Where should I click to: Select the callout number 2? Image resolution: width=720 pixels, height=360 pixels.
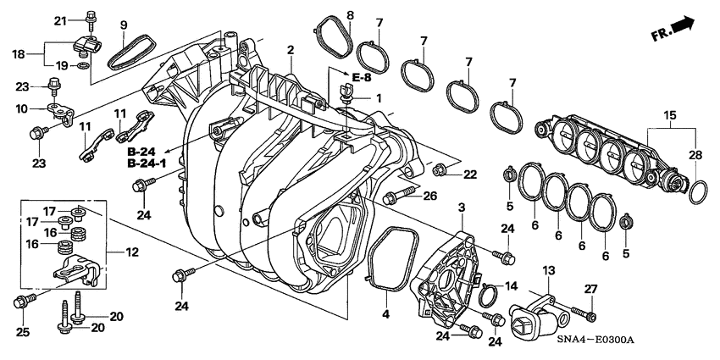[x=290, y=51]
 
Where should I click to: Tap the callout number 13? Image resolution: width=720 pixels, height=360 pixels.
[x=548, y=270]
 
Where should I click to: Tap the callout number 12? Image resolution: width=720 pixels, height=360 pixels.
[x=131, y=252]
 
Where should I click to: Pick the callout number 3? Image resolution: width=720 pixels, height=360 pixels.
[x=462, y=208]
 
